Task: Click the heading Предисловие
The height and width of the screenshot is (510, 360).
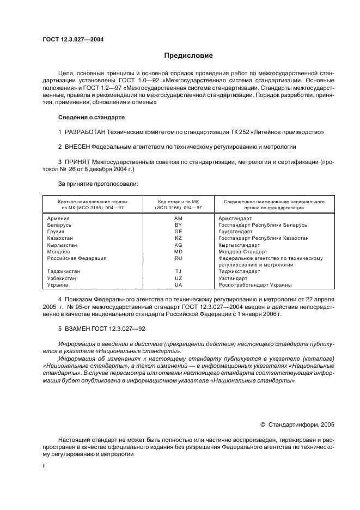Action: pos(188,56)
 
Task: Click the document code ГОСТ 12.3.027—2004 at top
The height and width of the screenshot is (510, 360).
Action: pos(74,39)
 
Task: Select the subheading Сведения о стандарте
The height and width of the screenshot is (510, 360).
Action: pos(91,117)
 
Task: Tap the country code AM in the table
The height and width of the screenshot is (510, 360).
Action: pos(178,218)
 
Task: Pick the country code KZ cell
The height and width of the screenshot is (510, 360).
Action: pos(178,238)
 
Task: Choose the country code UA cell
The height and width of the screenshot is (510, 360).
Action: pos(178,285)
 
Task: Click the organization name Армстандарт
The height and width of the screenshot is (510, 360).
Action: pos(235,218)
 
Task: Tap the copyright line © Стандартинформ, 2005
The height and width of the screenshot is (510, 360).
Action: pos(298,423)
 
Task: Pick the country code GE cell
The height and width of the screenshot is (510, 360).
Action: pos(178,232)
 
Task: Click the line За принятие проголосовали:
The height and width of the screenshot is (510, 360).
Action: pos(98,185)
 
